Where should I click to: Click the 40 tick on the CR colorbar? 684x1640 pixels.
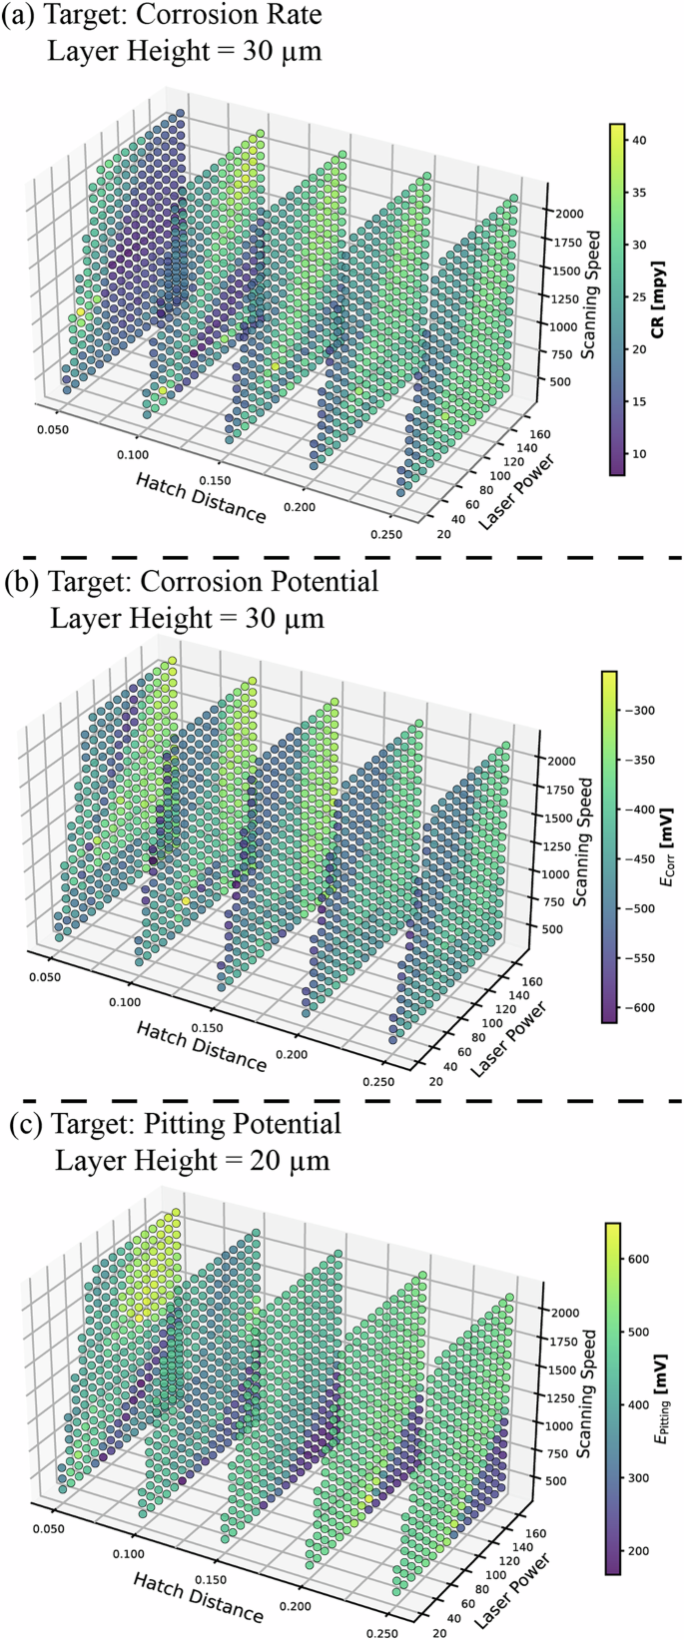[x=639, y=141]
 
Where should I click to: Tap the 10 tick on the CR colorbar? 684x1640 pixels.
[x=639, y=454]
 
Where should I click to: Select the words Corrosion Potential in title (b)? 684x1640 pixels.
[x=264, y=581]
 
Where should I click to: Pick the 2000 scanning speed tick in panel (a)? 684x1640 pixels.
[x=567, y=214]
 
